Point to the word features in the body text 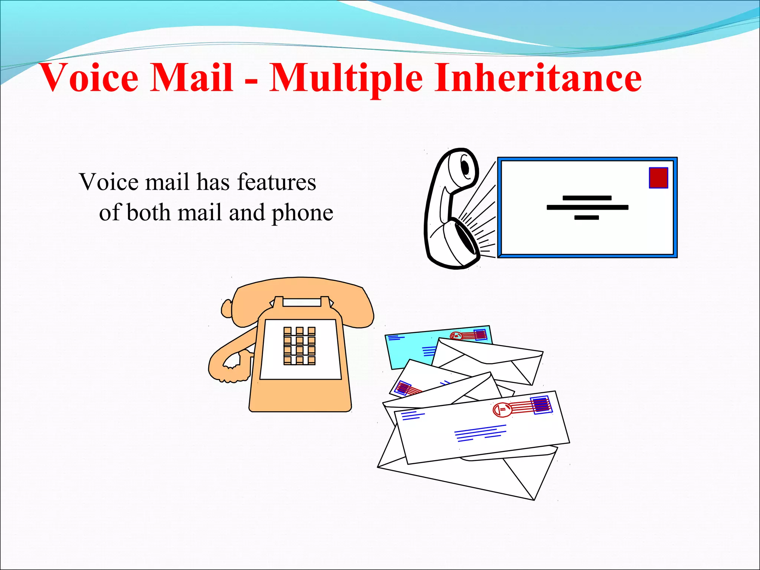click(x=276, y=182)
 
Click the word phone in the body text click(x=302, y=213)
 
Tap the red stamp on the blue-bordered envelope click(x=658, y=178)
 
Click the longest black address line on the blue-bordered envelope click(x=587, y=207)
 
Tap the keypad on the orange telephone click(x=299, y=346)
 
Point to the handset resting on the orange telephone click(x=301, y=293)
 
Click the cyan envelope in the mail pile click(x=408, y=349)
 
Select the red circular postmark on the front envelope click(x=502, y=409)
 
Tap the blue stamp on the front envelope click(x=541, y=405)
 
